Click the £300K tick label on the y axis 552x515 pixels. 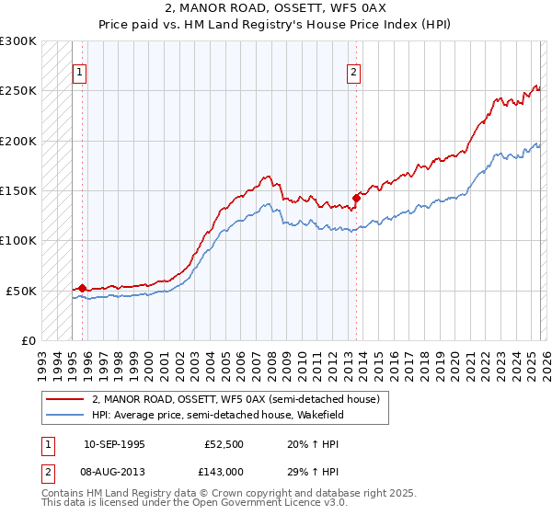18,41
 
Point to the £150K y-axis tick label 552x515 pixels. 18,190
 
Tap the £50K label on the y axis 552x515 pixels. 21,291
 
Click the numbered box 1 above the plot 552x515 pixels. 80,74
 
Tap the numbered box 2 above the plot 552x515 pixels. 354,74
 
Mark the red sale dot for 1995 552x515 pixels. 82,288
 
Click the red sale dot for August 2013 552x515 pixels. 355,197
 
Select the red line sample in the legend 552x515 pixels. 64,399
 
